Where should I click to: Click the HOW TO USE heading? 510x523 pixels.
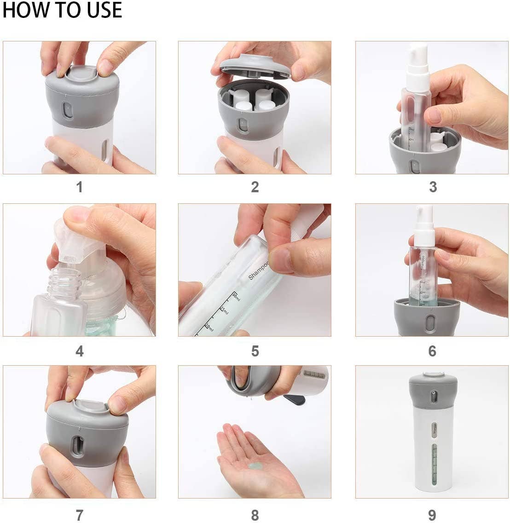62,10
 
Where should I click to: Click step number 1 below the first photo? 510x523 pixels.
79,187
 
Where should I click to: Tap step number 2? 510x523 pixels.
255,187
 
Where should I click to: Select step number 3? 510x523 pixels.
432,187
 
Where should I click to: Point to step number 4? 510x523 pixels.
79,351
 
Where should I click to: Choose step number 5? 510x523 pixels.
255,351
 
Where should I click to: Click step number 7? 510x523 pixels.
79,515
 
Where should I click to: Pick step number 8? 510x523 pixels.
255,515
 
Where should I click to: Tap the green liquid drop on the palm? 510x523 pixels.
254,466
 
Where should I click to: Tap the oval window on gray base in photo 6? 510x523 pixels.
430,323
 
